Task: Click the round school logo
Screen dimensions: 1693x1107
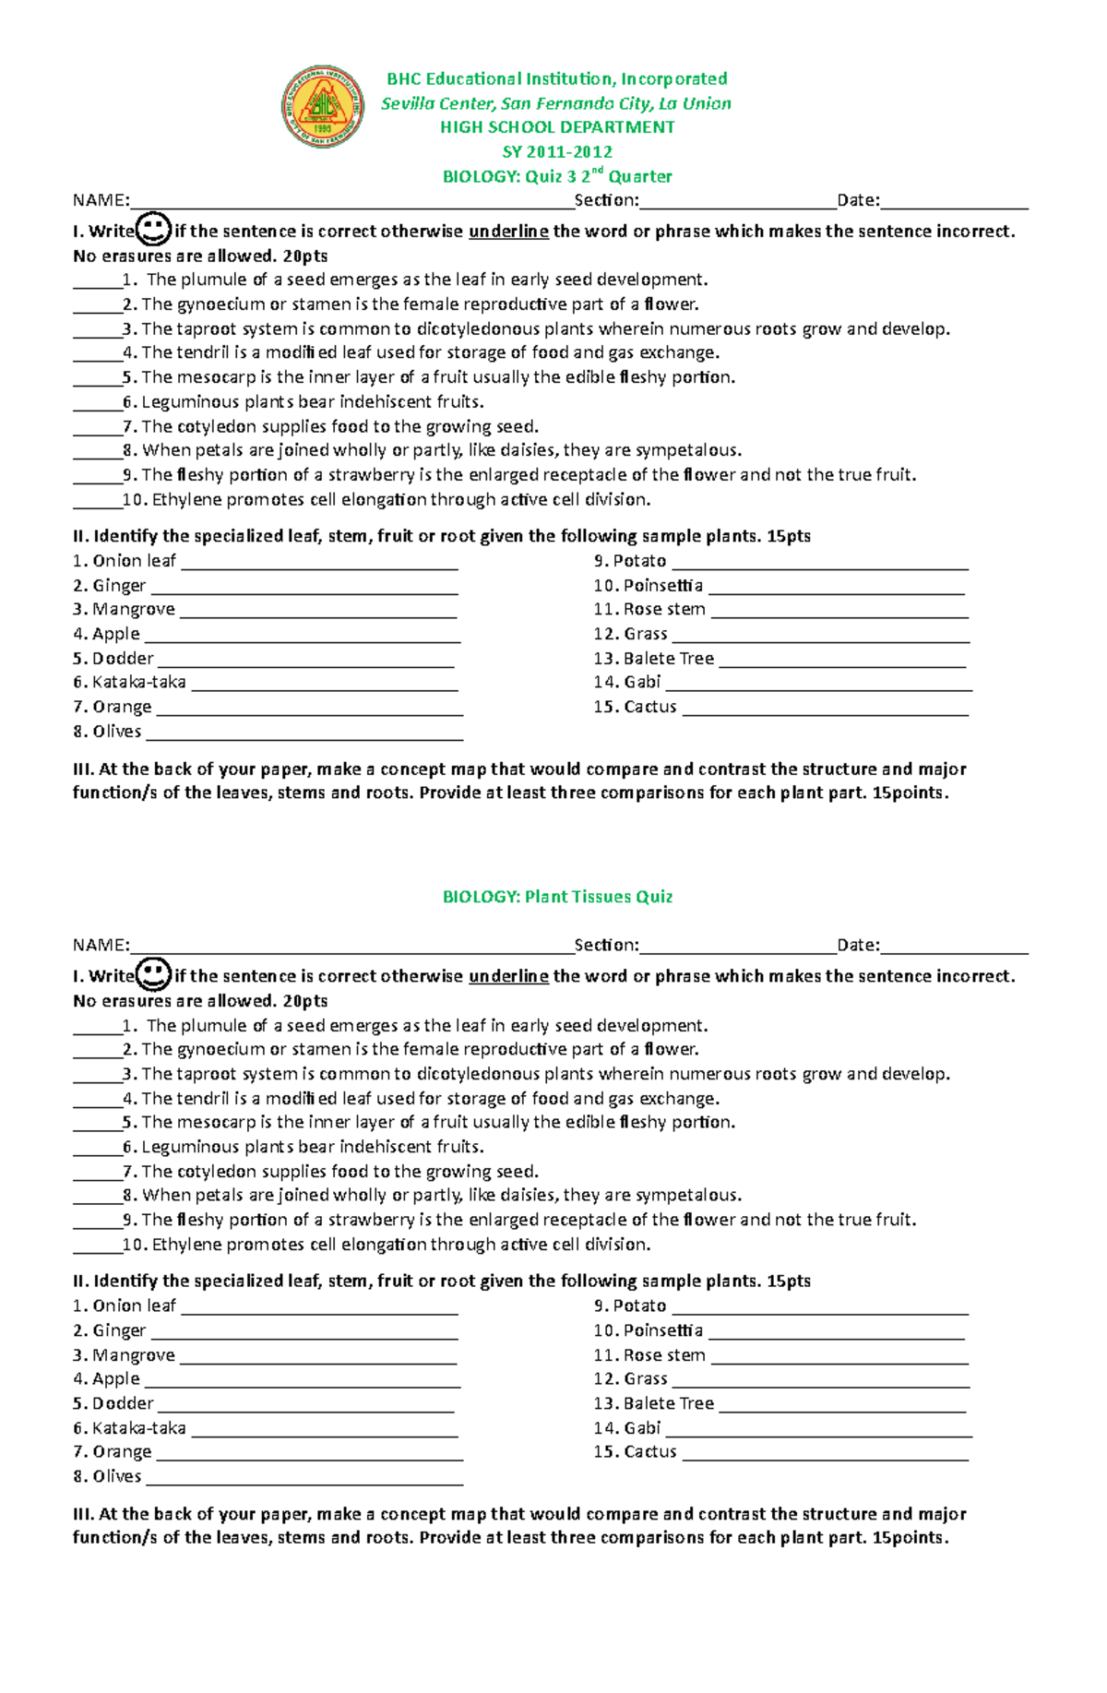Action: click(322, 107)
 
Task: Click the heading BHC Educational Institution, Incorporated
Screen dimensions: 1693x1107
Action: click(556, 78)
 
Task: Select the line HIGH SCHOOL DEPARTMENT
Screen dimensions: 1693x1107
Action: click(557, 127)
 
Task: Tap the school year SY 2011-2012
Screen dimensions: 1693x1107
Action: click(557, 151)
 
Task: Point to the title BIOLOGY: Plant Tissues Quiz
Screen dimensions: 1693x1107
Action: click(557, 896)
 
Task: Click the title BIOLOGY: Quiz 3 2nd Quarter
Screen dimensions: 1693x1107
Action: click(557, 176)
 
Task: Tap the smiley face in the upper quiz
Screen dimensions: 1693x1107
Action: click(153, 229)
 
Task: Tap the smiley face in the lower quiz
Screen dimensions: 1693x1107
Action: click(153, 974)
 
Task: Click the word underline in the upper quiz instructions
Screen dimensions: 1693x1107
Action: click(508, 232)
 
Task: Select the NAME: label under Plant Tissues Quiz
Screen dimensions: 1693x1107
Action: click(101, 945)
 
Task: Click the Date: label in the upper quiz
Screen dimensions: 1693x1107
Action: click(858, 200)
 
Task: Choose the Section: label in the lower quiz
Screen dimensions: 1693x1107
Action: click(606, 945)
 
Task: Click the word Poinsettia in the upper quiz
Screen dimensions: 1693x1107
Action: click(662, 585)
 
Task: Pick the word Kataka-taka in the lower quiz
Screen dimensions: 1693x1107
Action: click(139, 1427)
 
